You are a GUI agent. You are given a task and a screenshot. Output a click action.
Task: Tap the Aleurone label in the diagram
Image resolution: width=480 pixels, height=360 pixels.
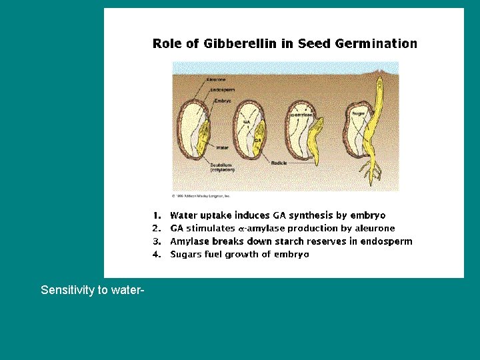click(x=217, y=79)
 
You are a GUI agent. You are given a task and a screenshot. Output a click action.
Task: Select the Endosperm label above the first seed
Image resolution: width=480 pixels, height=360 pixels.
click(x=222, y=90)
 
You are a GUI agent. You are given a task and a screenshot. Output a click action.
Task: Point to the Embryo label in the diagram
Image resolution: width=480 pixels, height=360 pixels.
click(x=223, y=101)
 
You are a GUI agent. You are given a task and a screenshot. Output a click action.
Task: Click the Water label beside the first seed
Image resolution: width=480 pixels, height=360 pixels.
click(x=223, y=146)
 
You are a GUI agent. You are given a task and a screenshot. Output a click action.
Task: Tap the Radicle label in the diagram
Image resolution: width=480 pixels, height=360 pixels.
click(x=279, y=163)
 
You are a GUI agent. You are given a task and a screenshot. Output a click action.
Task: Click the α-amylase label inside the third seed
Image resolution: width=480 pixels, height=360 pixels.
click(x=301, y=115)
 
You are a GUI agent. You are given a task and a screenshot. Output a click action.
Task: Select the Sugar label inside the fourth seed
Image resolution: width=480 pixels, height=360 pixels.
click(x=359, y=113)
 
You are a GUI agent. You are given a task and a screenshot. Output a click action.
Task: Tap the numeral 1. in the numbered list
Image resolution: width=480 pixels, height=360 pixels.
click(x=157, y=215)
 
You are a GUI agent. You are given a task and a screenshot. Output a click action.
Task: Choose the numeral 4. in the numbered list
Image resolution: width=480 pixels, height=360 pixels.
click(x=157, y=254)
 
